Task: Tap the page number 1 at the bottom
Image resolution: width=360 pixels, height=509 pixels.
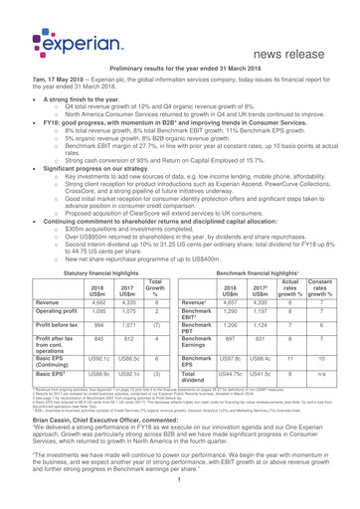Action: click(180, 502)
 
